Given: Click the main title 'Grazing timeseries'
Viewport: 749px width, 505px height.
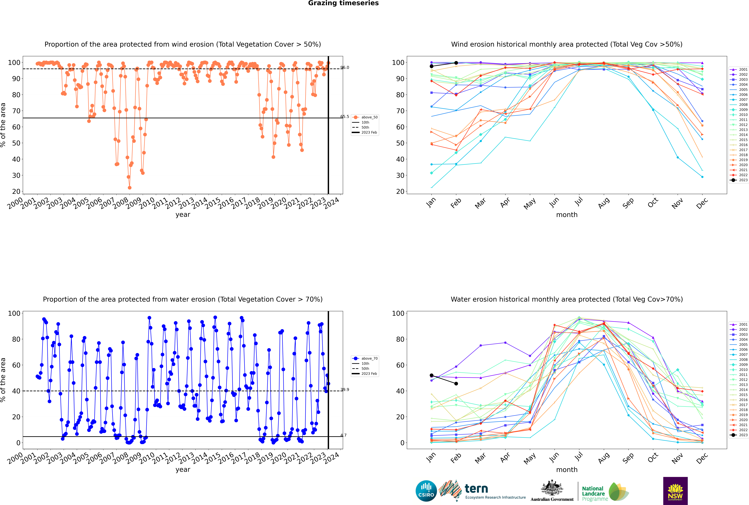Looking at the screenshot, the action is click(343, 3).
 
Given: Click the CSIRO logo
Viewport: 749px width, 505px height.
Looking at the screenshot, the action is click(426, 491).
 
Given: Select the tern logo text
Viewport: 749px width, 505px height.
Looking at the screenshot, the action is click(476, 489).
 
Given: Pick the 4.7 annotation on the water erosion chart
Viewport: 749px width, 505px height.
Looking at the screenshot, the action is click(344, 435).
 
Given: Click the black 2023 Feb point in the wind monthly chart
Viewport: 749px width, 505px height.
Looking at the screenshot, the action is click(456, 63).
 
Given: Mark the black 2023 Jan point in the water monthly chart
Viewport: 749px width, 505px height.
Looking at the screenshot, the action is click(432, 376).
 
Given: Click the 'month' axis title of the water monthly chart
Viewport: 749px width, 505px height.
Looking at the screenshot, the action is click(567, 470).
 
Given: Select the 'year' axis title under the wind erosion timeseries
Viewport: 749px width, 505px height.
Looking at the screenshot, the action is click(183, 215).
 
